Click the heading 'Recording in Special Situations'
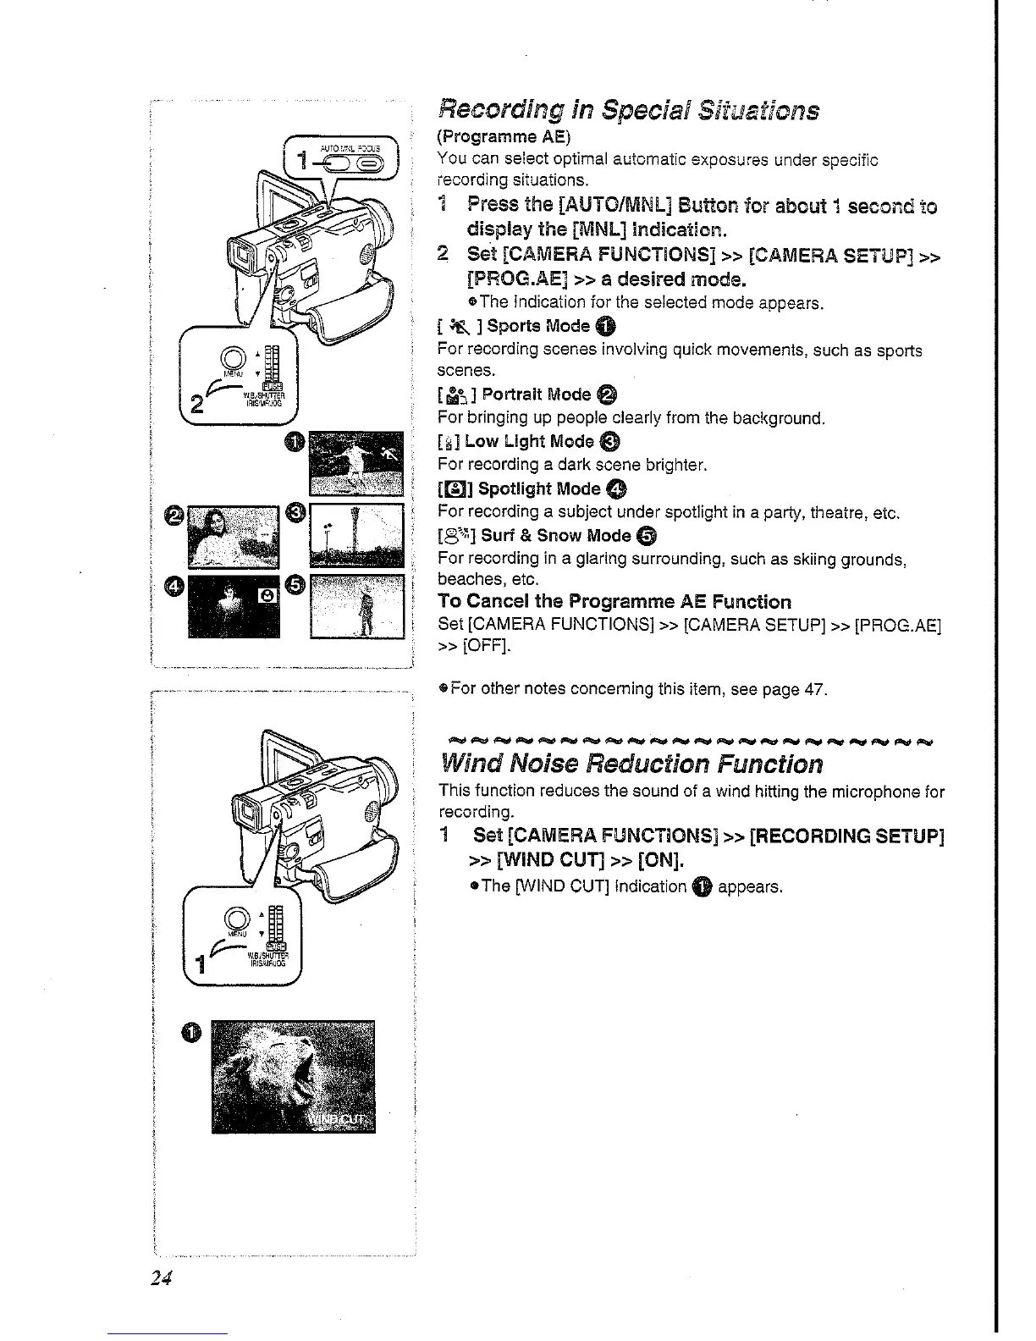point(628,110)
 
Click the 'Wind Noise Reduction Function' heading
point(631,764)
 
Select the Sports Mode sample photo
point(356,462)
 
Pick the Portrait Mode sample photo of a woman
point(233,537)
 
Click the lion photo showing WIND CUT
point(293,1077)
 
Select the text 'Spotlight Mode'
point(540,488)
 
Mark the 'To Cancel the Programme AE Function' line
point(614,602)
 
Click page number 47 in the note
point(814,689)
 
